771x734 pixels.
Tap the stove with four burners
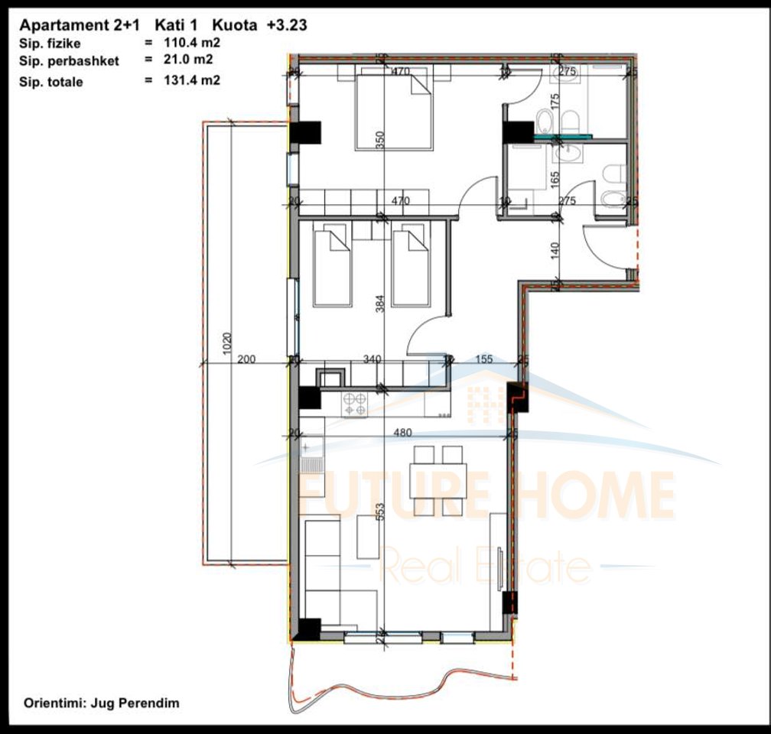355,404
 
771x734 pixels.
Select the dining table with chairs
438,480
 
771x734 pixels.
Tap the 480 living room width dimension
402,431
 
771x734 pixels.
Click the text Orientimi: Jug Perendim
102,702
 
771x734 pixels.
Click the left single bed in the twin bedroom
332,265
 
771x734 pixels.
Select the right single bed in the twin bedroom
411,265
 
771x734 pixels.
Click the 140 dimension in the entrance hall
555,249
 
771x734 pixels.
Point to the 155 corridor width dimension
483,358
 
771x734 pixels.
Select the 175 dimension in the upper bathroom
555,101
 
